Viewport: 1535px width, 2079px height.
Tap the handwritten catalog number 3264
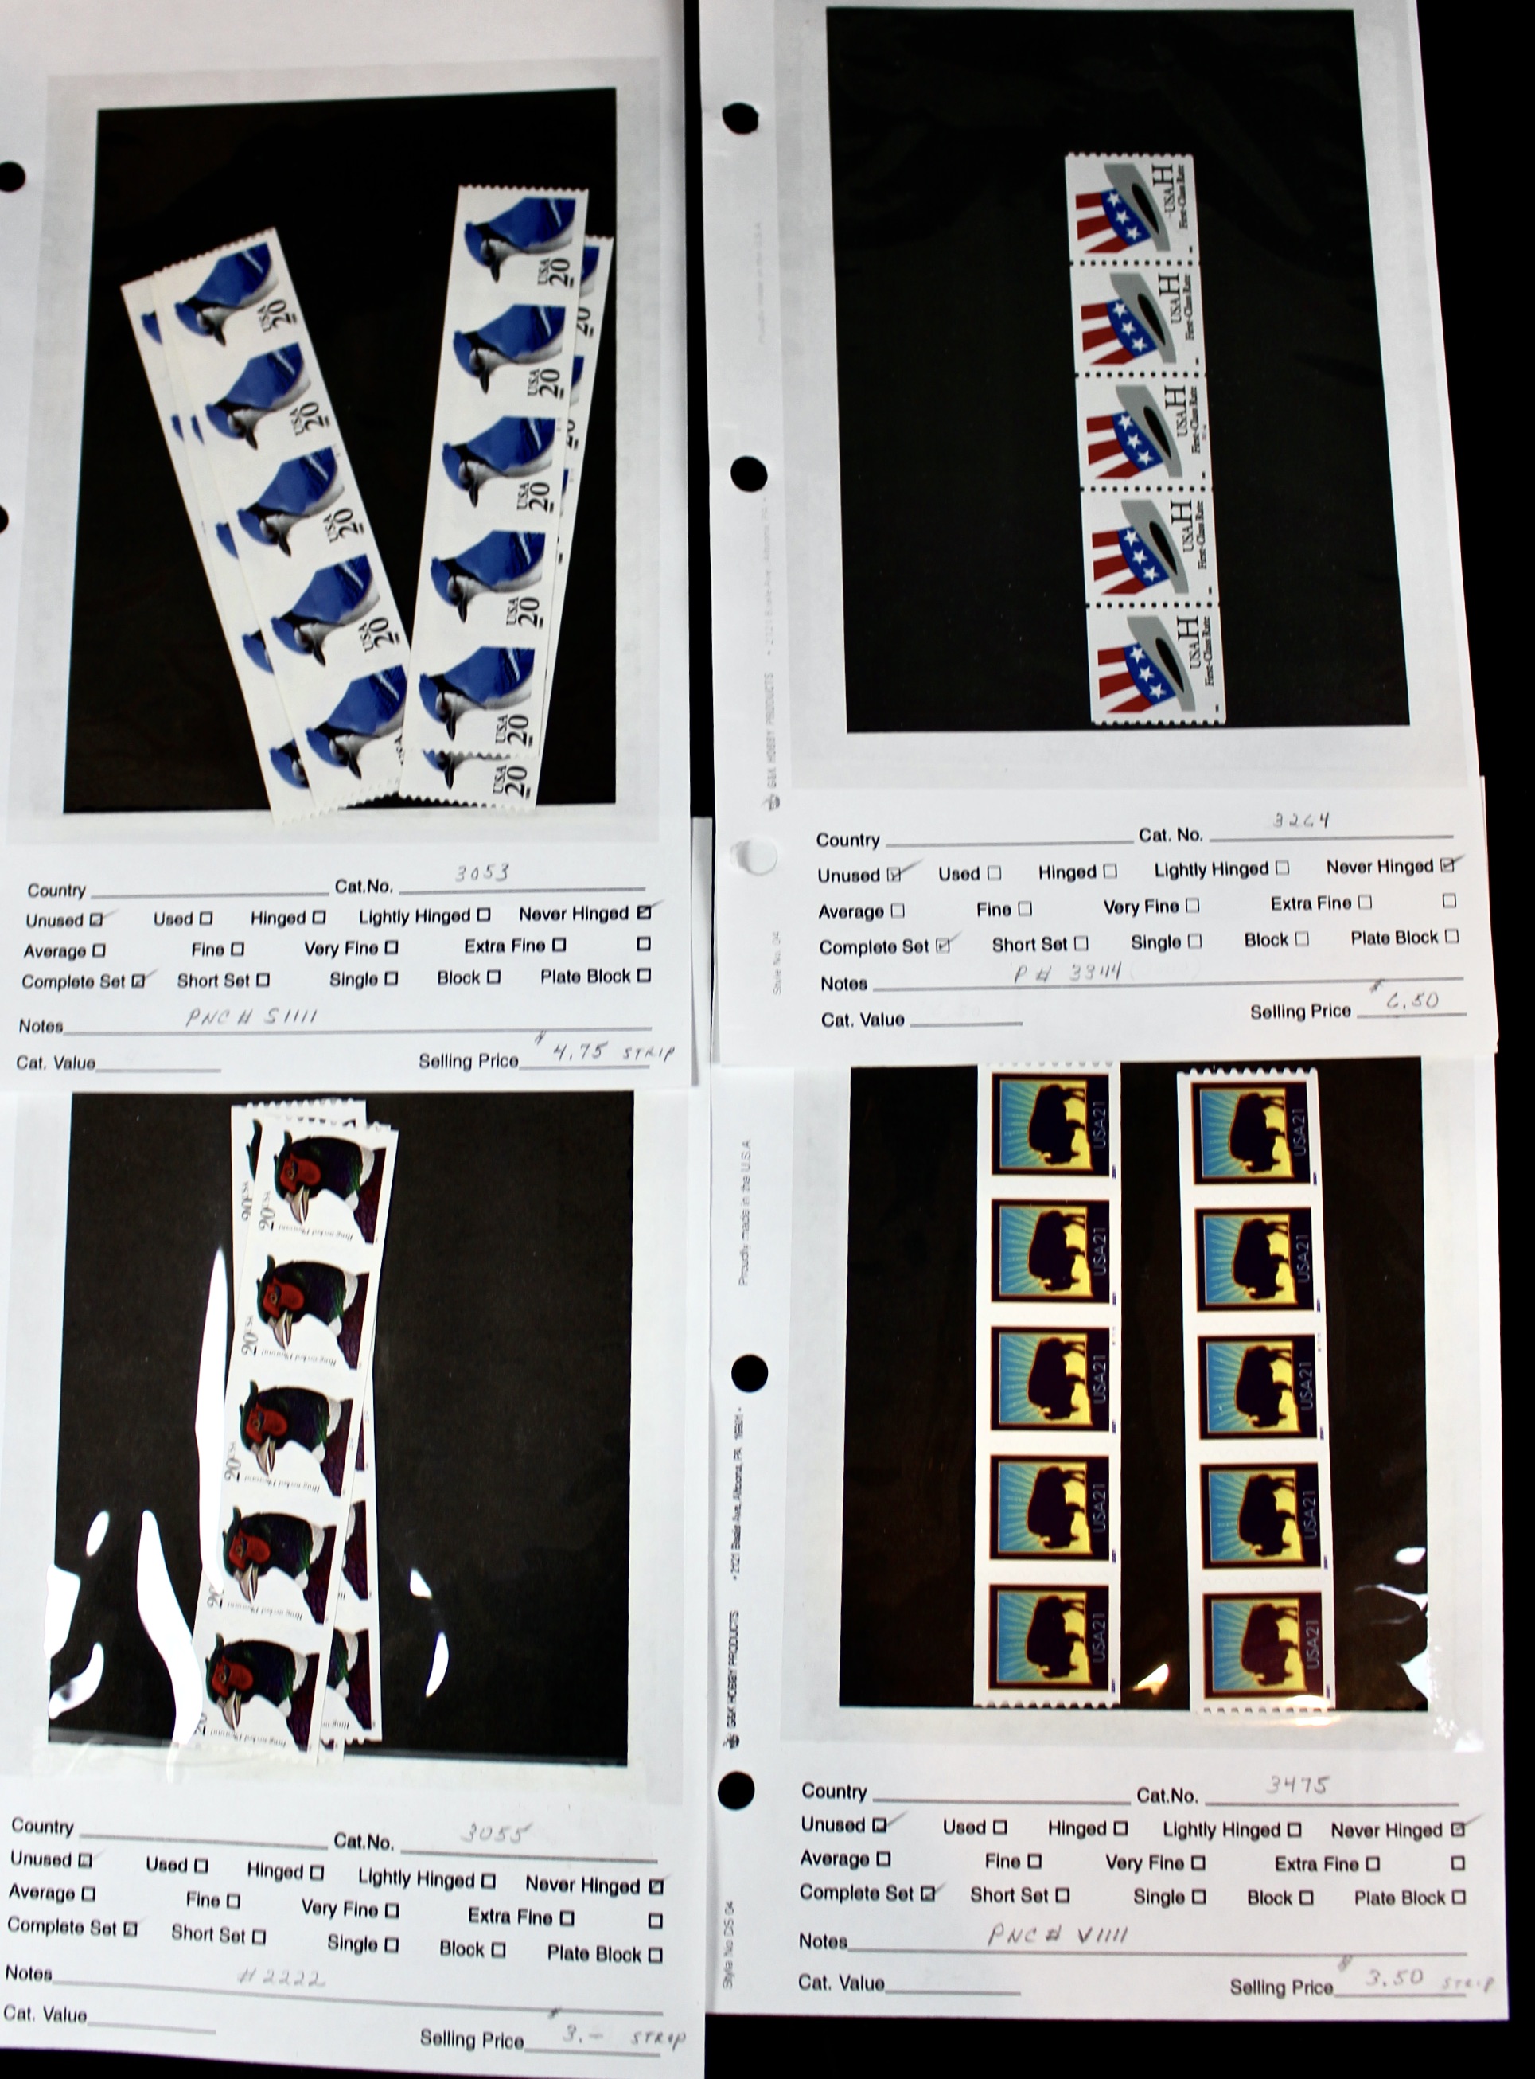[x=1301, y=820]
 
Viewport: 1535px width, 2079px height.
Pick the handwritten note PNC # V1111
[x=1058, y=1935]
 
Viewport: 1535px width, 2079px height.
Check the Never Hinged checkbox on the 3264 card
[x=1447, y=865]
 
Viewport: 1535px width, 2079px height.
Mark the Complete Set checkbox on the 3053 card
[x=138, y=981]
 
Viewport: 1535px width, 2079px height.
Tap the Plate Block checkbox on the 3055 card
[x=655, y=1955]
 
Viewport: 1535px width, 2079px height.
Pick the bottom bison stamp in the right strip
[x=1262, y=1651]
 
